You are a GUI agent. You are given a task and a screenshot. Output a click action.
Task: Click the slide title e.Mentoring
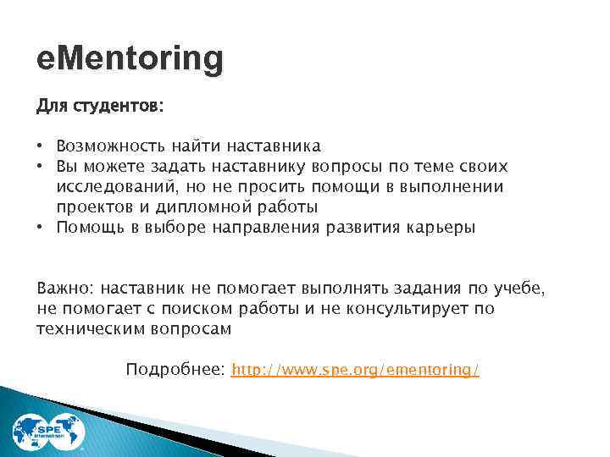tap(130, 59)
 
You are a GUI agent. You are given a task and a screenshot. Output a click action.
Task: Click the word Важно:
tap(64, 288)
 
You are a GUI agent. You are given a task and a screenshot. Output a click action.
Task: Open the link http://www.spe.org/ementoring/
tap(356, 370)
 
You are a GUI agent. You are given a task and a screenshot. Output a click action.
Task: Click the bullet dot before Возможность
tap(41, 148)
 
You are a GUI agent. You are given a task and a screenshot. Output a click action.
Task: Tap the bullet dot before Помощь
tap(41, 228)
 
